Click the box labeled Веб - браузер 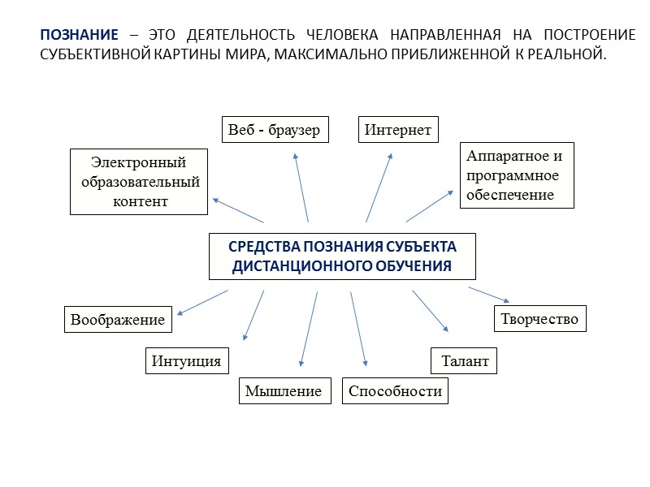click(275, 130)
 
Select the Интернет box click(398, 130)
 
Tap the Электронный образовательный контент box click(139, 181)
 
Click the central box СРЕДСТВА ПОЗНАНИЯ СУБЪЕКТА click(342, 256)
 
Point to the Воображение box click(119, 320)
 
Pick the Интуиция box click(187, 360)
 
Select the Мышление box click(284, 391)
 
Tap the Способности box click(395, 391)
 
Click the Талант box click(463, 361)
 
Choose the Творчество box click(539, 319)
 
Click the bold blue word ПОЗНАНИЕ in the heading click(79, 37)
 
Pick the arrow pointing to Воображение click(202, 302)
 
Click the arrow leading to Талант click(430, 310)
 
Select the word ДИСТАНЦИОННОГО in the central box click(290, 266)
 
